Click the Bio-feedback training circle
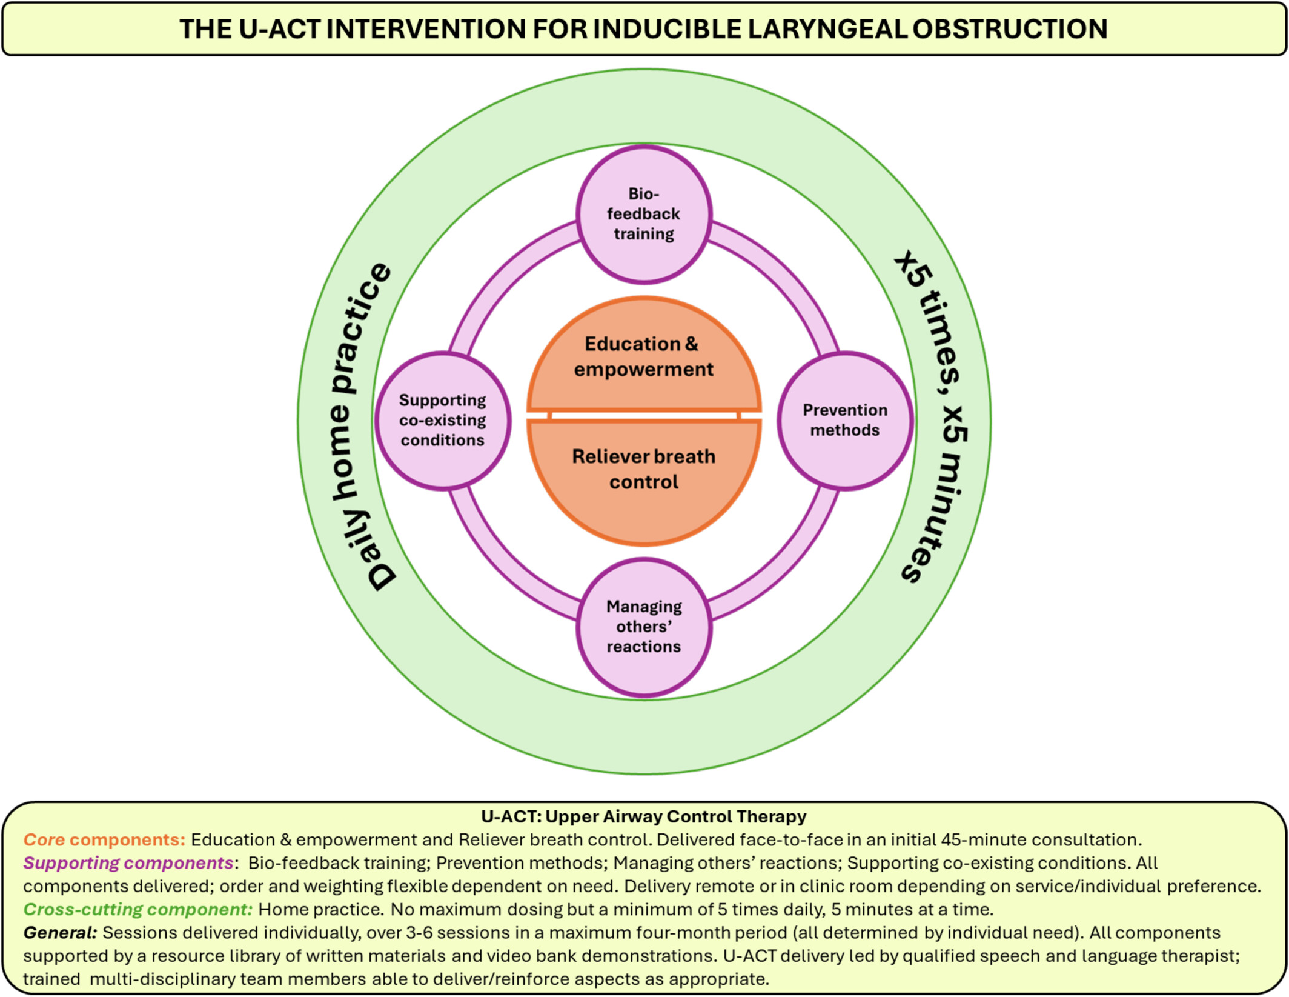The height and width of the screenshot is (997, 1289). point(644,214)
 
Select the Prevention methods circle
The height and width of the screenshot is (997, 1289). point(845,420)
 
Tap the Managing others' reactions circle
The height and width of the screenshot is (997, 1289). point(644,627)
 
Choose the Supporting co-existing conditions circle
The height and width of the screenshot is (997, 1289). point(443,420)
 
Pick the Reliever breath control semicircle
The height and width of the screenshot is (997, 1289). point(644,469)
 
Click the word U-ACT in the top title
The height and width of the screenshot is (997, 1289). point(279,29)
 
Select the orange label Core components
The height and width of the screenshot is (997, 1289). point(104,839)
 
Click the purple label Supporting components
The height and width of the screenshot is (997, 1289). point(128,862)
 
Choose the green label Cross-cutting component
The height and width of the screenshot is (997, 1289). point(138,909)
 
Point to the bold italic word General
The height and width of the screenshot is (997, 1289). point(60,932)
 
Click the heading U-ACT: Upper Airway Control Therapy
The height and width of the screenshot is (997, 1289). point(644,816)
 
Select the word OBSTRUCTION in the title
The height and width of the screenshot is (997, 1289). point(1010,29)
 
